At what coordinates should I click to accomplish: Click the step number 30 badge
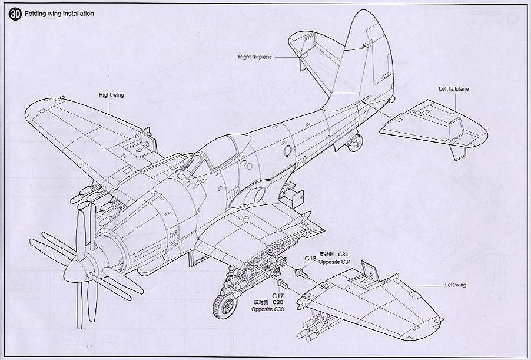click(x=15, y=15)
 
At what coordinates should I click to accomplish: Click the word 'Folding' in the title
click(x=36, y=14)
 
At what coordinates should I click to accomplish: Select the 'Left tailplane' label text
click(x=453, y=89)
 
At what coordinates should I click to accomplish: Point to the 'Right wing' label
click(x=111, y=94)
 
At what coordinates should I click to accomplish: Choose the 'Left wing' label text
click(x=455, y=285)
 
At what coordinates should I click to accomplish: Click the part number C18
click(x=311, y=258)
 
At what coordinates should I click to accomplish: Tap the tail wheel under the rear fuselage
click(x=356, y=141)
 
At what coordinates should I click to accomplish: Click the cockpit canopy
click(x=218, y=152)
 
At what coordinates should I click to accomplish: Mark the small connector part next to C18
click(x=301, y=272)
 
